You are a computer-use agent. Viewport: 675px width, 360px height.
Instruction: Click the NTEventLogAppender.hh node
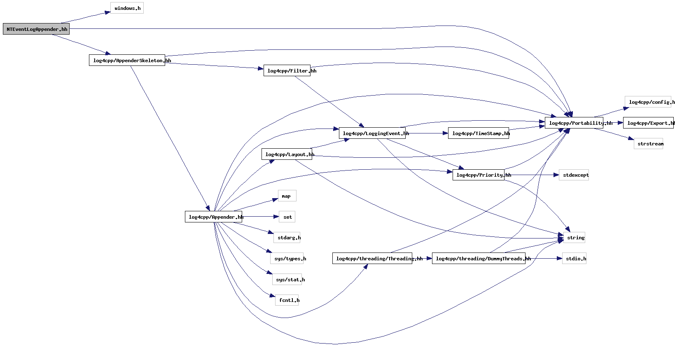click(x=36, y=29)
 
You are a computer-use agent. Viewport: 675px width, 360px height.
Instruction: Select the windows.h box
click(x=127, y=8)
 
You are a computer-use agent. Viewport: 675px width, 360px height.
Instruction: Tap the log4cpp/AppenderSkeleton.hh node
click(x=127, y=60)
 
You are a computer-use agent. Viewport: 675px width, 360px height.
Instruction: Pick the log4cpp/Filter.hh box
click(x=287, y=71)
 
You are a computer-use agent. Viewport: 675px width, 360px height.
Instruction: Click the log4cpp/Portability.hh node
click(x=574, y=123)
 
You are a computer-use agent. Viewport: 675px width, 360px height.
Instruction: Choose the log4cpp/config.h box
click(x=649, y=102)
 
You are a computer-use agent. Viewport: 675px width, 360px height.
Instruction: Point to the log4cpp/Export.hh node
click(x=648, y=123)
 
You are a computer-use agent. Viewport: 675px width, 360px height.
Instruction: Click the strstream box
click(x=648, y=144)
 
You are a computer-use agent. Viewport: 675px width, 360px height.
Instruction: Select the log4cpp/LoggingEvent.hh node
click(x=372, y=133)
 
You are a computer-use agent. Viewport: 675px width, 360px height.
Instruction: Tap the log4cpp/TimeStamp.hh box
click(x=478, y=133)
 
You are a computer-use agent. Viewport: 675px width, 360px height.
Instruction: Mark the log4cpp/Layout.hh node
click(x=287, y=154)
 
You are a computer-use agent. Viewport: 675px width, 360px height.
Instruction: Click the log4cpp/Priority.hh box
click(x=478, y=175)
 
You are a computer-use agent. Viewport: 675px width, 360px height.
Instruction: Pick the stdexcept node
click(x=574, y=175)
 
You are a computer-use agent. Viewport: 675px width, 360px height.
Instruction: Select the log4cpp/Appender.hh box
click(x=213, y=217)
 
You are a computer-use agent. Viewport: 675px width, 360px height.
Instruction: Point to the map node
click(x=287, y=196)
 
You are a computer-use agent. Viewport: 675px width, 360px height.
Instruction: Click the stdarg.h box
click(x=287, y=238)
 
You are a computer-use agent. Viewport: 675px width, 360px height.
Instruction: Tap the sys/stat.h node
click(x=287, y=280)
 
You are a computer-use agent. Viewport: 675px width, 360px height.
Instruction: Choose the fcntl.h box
click(x=287, y=300)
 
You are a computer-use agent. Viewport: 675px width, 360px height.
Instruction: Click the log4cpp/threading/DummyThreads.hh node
click(x=479, y=259)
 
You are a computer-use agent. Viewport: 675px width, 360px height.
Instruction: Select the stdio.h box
click(x=574, y=259)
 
